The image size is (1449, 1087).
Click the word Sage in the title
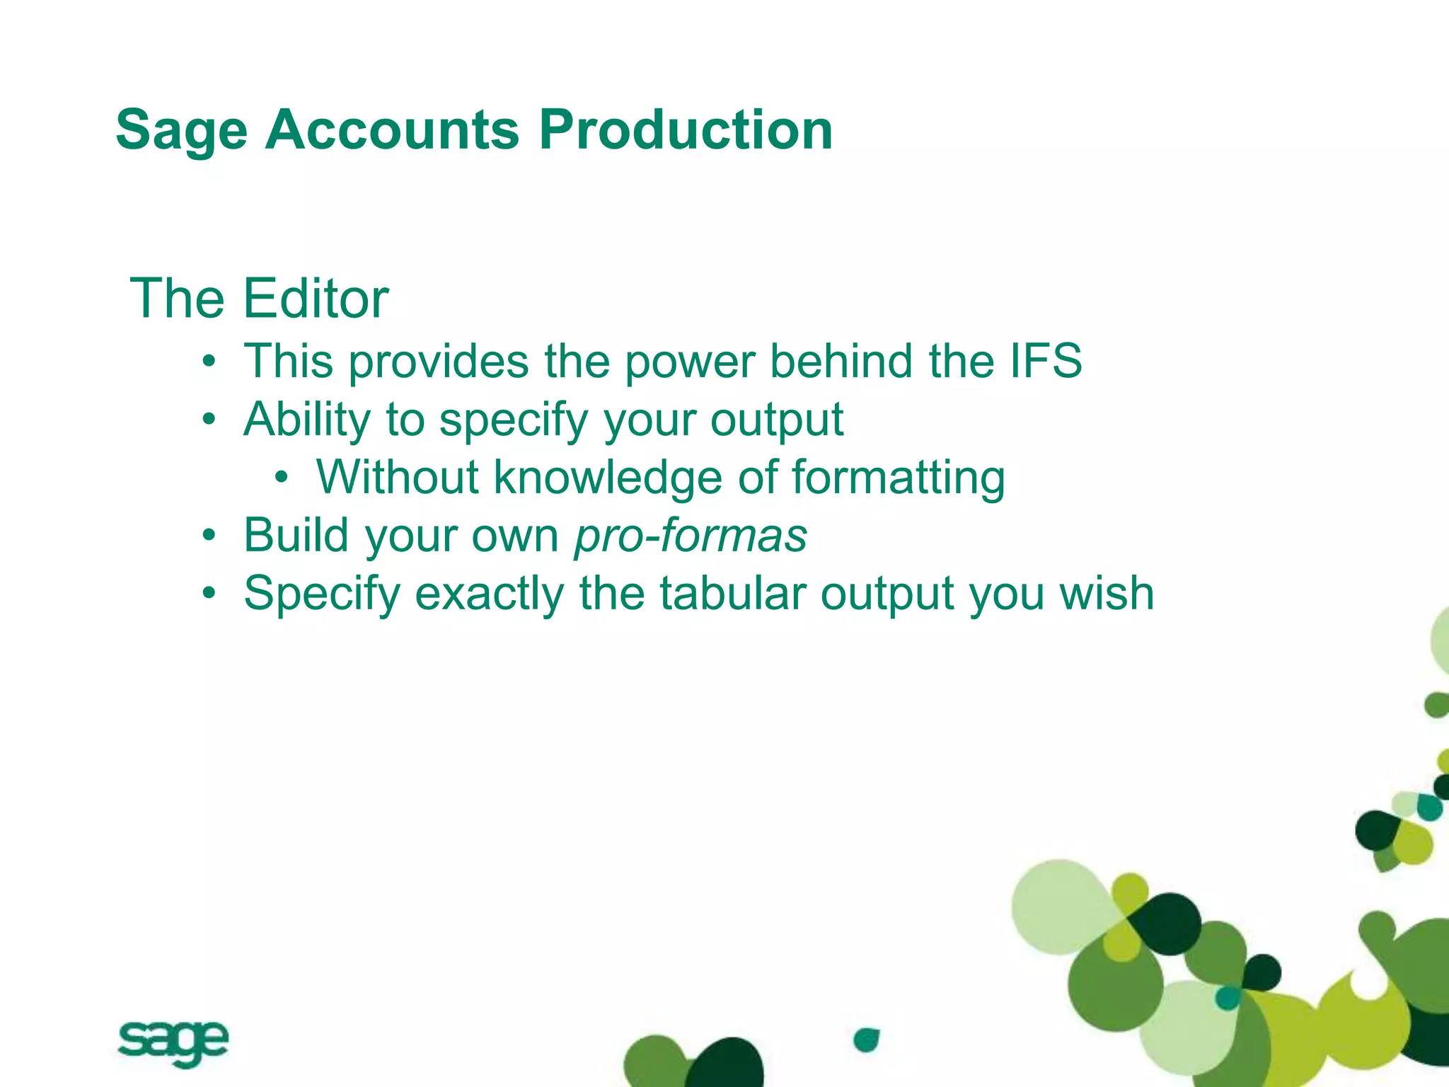181,131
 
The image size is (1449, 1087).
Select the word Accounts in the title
392,130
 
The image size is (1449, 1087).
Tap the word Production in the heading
685,130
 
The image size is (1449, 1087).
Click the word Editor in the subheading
316,299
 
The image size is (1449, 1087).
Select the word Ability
307,420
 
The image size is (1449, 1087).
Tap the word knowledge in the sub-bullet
607,478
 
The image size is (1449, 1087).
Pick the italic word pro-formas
691,536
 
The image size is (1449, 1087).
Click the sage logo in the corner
173,1043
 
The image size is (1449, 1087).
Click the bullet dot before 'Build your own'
208,536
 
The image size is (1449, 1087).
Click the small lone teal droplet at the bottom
865,1040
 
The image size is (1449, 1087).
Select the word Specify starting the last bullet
322,594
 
